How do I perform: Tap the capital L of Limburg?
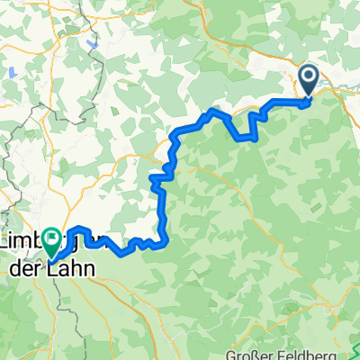(10, 243)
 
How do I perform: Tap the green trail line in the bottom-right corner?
(355, 346)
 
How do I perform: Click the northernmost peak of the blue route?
(212, 111)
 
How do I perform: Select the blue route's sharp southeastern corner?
(166, 240)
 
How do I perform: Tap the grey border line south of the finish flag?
(59, 297)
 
